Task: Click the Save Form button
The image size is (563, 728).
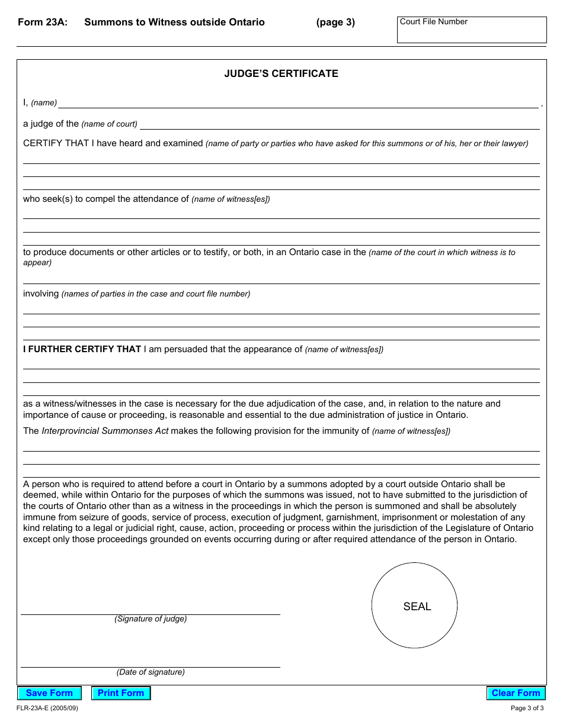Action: [49, 693]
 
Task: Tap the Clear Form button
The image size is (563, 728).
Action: [516, 693]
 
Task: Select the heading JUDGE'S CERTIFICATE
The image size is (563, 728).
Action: [281, 74]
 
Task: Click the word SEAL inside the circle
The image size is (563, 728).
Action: [417, 607]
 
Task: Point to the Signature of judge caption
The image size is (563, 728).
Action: [151, 619]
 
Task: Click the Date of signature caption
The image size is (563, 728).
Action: [151, 672]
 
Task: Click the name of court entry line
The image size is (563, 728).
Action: [340, 124]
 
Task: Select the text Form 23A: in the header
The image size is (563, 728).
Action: [43, 22]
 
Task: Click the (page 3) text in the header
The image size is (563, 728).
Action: [335, 22]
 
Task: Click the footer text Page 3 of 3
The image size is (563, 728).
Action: [527, 708]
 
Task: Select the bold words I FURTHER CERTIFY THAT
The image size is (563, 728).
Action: [82, 349]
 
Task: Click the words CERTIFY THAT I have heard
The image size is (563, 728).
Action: [92, 143]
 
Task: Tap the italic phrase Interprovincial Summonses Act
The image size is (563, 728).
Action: [105, 431]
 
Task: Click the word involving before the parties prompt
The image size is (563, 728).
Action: [41, 294]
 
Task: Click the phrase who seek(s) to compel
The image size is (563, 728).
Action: [65, 199]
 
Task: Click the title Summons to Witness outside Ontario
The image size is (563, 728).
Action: [174, 22]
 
